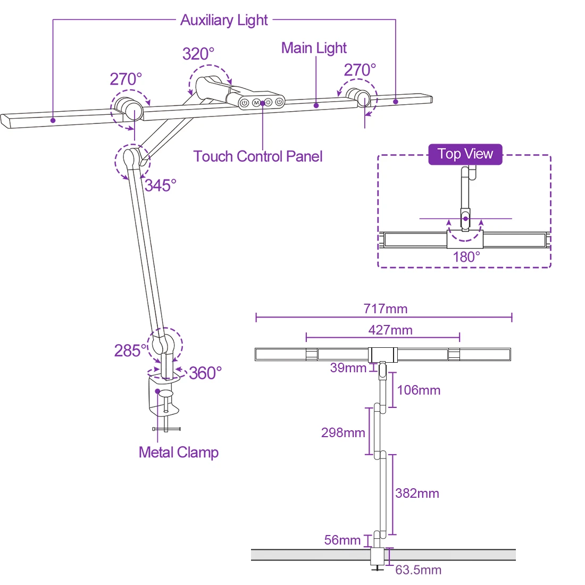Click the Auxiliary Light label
click(224, 20)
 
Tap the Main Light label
click(314, 48)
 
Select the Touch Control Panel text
click(258, 156)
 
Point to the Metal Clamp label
click(179, 453)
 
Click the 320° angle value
click(198, 54)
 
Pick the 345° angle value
click(160, 186)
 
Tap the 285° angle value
click(130, 350)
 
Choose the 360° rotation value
click(205, 373)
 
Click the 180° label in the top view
click(466, 257)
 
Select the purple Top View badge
click(465, 154)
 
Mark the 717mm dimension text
click(386, 308)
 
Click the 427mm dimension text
click(390, 330)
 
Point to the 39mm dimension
click(348, 368)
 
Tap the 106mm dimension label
click(419, 390)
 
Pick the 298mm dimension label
click(343, 432)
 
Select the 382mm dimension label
click(417, 494)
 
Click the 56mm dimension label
click(342, 540)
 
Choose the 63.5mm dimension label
click(418, 570)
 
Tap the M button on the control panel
click(256, 102)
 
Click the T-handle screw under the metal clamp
click(166, 428)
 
